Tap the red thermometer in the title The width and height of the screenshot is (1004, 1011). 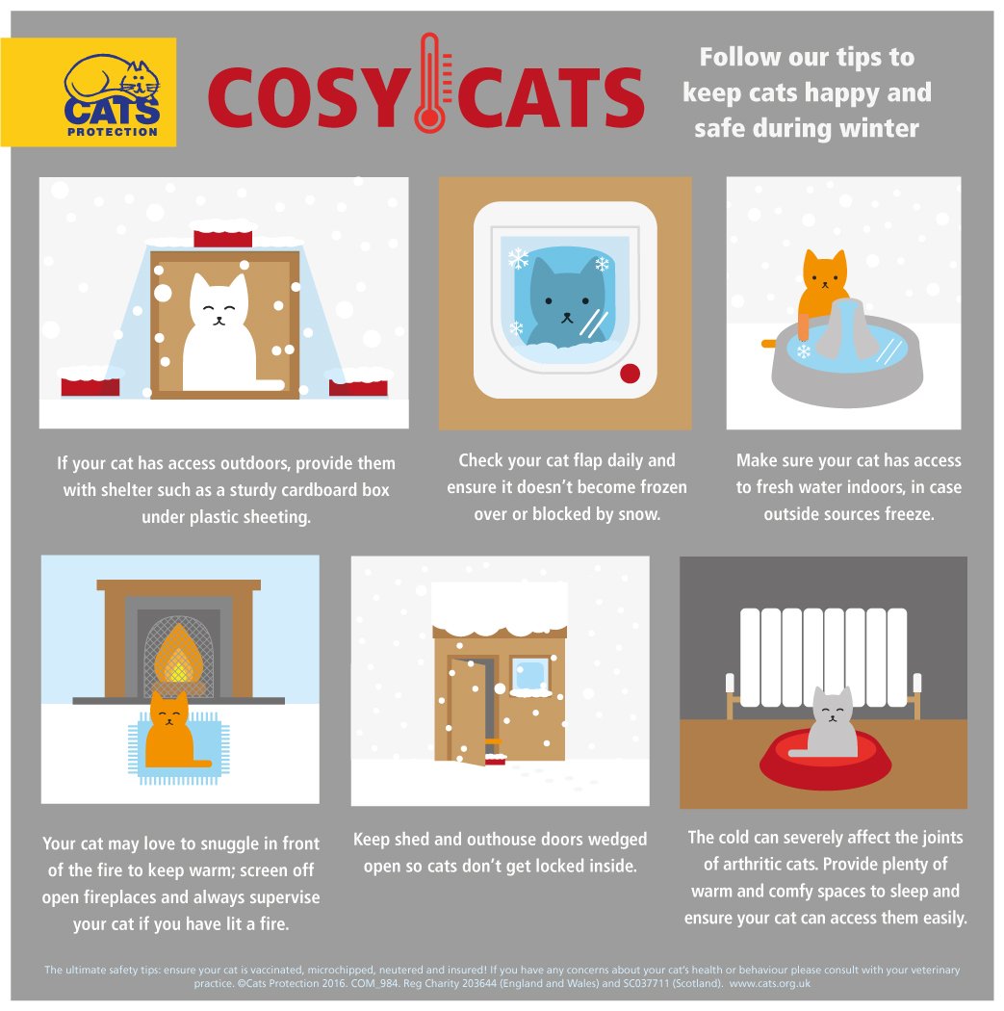[430, 83]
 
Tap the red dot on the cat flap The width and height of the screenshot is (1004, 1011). [630, 373]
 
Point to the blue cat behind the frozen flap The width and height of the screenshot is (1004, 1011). [565, 301]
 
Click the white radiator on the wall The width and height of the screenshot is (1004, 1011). [824, 658]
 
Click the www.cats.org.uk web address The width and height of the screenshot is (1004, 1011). [769, 983]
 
